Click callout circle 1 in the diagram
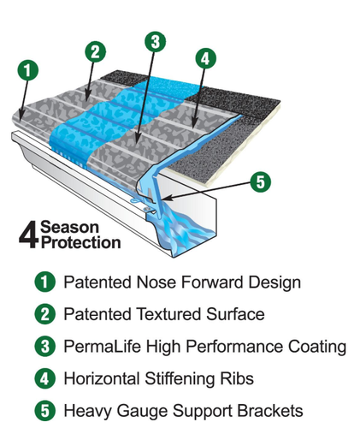[x=27, y=70]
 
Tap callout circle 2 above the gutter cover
[x=95, y=51]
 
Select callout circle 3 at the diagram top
[x=155, y=42]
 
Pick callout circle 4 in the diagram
[x=205, y=58]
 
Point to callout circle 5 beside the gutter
[x=261, y=181]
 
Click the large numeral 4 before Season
[x=28, y=235]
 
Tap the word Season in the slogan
[x=69, y=228]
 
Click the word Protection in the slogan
[x=81, y=242]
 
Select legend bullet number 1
[x=44, y=282]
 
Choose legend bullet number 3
[x=44, y=347]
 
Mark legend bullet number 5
[x=44, y=411]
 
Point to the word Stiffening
[x=180, y=378]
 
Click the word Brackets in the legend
[x=270, y=411]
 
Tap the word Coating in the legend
[x=317, y=347]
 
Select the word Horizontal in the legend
[x=102, y=378]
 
